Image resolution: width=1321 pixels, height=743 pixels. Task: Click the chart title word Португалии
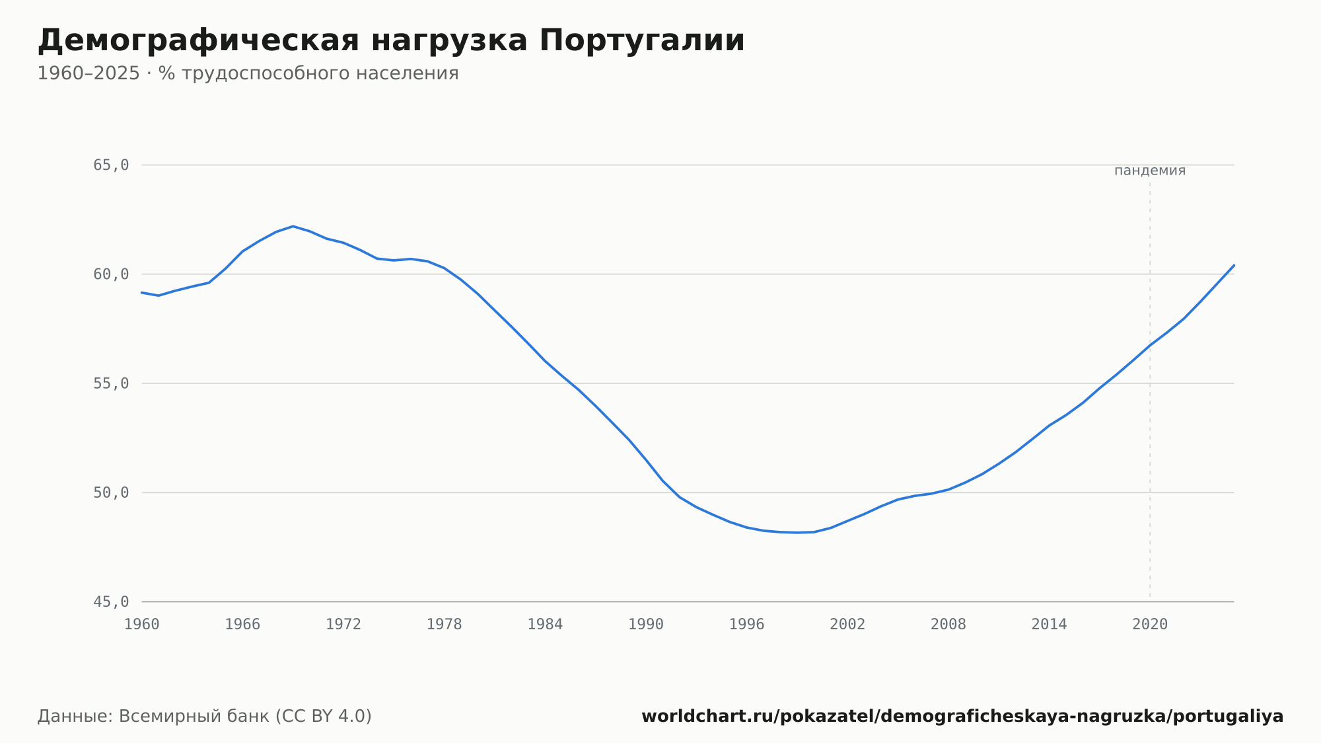pos(642,41)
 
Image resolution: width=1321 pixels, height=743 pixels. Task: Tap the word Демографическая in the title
pos(199,41)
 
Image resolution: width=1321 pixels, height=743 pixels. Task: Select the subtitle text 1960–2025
pos(89,73)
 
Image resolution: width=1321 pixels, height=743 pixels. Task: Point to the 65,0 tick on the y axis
pos(111,165)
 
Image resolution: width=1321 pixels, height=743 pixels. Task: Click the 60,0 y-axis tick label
pos(111,274)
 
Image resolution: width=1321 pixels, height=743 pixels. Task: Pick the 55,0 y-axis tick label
pos(111,383)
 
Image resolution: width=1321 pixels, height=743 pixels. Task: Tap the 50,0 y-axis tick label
pos(111,492)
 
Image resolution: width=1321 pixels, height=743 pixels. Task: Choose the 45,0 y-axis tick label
pos(111,602)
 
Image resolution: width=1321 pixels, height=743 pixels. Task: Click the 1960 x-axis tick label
pos(142,625)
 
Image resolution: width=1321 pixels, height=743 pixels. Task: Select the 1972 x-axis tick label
pos(343,625)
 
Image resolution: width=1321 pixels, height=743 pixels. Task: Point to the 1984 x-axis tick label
pos(545,625)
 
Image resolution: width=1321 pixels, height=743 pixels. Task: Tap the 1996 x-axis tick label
pos(746,625)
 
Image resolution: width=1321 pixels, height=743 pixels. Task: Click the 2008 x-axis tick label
pos(948,625)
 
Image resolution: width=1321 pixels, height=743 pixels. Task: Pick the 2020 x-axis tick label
pos(1150,625)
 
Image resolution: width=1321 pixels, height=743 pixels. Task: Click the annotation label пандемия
pos(1150,171)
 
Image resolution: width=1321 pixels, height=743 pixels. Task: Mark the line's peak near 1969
pos(293,226)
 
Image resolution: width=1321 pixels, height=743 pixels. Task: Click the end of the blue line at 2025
pos(1234,265)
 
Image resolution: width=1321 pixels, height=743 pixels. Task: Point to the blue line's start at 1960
pos(142,292)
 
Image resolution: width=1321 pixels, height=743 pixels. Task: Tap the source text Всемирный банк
pos(194,717)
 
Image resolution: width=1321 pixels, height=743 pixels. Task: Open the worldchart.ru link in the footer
pos(962,717)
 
